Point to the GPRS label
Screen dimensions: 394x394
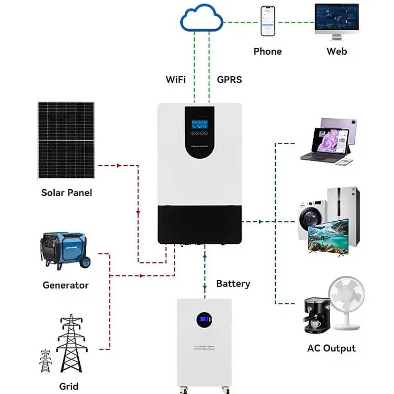(x=229, y=79)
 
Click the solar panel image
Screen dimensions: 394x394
(x=66, y=140)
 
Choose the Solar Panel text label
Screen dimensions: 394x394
(x=66, y=193)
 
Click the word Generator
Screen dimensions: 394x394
(x=66, y=285)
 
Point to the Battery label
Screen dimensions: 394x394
(x=233, y=284)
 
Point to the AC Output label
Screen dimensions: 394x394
(x=331, y=348)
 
